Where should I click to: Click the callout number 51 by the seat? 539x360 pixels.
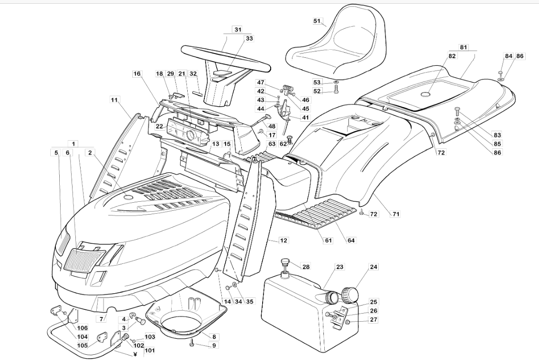point(317,21)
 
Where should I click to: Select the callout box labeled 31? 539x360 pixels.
point(237,29)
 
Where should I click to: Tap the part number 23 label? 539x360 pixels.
point(339,267)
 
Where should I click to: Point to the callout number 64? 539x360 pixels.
point(351,241)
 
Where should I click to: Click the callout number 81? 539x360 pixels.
point(463,47)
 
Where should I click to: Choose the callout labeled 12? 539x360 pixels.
point(283,241)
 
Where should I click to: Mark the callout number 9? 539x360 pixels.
point(214,345)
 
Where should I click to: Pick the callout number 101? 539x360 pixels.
point(150,351)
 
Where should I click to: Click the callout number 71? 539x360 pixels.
point(395,214)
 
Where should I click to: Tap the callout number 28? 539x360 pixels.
point(306,267)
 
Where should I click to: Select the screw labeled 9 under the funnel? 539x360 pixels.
point(192,343)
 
